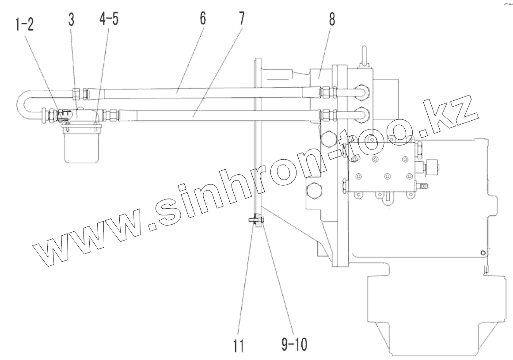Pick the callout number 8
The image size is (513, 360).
(x=331, y=20)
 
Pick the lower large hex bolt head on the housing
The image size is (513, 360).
(x=313, y=191)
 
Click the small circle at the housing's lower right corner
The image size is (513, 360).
(x=483, y=253)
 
